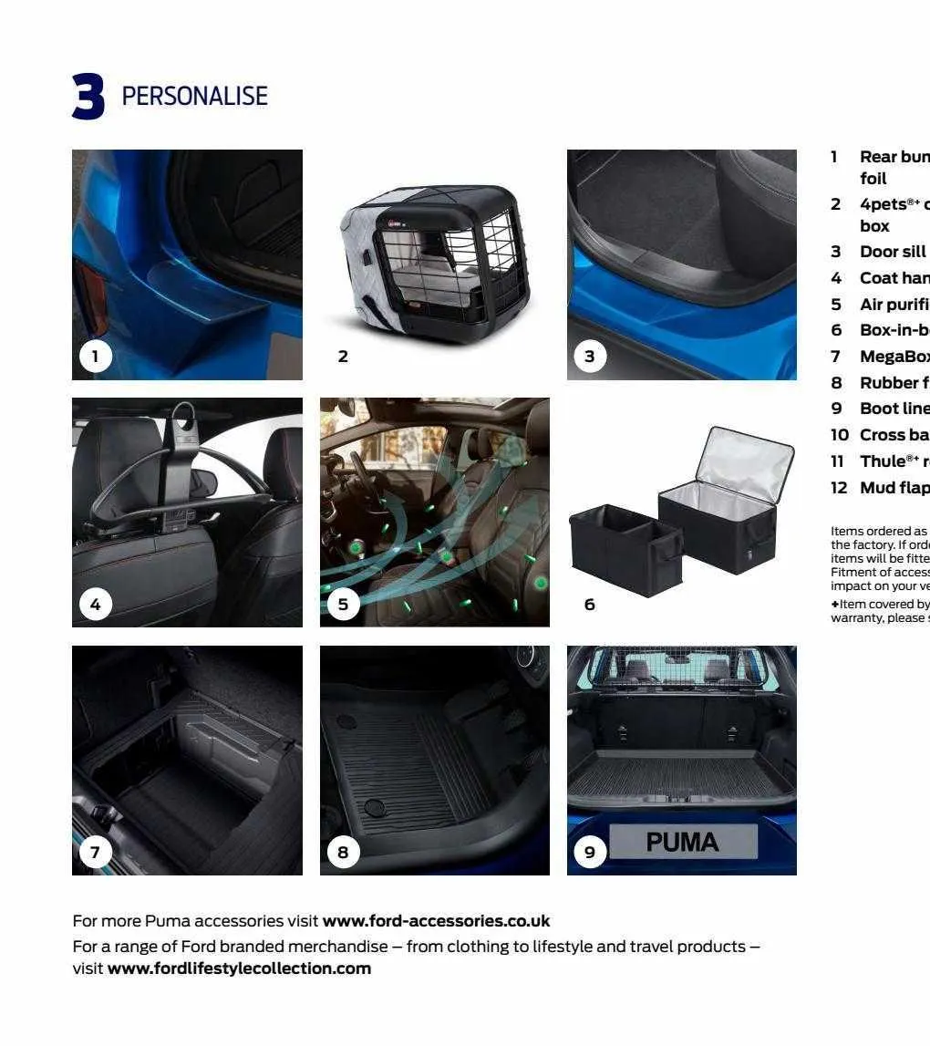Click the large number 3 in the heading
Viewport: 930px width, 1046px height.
point(88,97)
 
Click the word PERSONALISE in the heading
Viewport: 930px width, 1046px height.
point(194,96)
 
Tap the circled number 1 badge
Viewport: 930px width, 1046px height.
point(95,356)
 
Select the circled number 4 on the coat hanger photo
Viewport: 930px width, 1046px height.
point(95,604)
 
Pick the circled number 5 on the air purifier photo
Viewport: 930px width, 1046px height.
point(343,604)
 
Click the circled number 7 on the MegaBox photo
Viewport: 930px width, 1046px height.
point(95,852)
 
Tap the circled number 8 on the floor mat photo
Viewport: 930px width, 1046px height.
point(343,852)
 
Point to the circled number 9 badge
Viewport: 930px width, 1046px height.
point(590,852)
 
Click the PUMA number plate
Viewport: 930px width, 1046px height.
point(683,842)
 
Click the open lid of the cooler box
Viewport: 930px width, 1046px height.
point(744,465)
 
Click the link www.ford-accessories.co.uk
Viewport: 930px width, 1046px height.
point(436,921)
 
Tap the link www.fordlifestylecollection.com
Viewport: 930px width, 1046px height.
point(239,968)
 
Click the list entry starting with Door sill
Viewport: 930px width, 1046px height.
point(892,252)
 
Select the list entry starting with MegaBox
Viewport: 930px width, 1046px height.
point(894,356)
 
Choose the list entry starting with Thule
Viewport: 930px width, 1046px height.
point(894,461)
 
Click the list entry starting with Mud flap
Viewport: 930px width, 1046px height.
point(894,487)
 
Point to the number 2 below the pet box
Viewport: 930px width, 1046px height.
point(343,357)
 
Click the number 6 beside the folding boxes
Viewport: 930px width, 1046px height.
point(590,604)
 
